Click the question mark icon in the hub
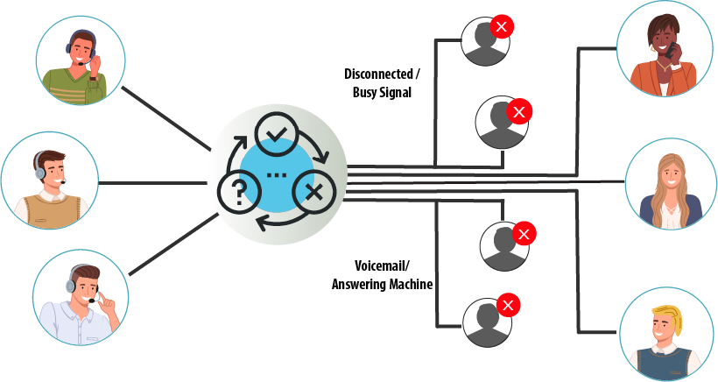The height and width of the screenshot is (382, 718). click(238, 193)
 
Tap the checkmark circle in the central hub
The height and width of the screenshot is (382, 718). click(276, 135)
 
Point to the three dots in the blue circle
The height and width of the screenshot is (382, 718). click(276, 175)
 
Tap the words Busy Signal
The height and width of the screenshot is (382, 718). click(382, 92)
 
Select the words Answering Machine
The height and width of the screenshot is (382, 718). click(383, 284)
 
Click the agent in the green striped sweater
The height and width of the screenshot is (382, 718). click(81, 61)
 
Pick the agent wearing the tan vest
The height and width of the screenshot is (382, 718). click(49, 180)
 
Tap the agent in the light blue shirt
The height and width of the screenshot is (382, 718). click(81, 297)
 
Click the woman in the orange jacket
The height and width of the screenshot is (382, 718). click(663, 49)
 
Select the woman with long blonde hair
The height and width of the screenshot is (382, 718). click(671, 184)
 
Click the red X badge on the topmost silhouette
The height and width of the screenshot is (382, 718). click(502, 26)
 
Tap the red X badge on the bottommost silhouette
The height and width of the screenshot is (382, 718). click(508, 305)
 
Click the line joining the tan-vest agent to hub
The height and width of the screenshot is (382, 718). click(152, 183)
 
